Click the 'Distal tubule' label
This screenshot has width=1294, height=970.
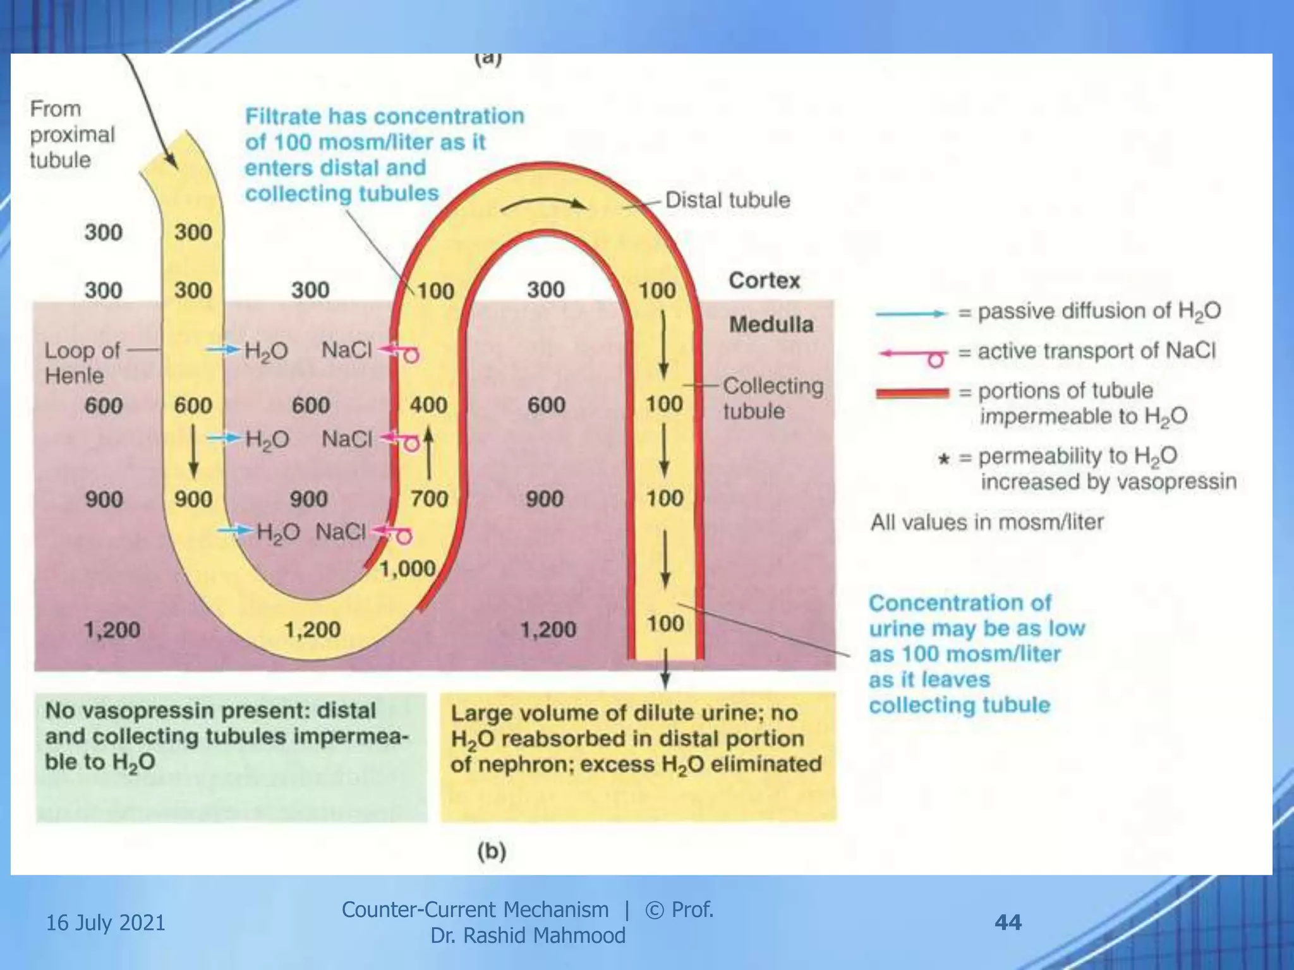(727, 200)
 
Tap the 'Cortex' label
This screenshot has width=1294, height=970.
(764, 280)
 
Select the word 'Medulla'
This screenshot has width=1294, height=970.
(771, 325)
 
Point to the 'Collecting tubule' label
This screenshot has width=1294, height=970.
(773, 398)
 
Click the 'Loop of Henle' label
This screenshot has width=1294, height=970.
(82, 363)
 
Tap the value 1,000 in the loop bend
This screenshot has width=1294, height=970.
(408, 569)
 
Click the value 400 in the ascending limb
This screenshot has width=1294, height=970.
(428, 405)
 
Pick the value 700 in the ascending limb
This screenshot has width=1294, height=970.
(429, 499)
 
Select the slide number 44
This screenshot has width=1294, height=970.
(1008, 923)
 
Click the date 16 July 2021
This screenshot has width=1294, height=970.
(106, 923)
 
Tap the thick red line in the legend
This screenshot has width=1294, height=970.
(912, 393)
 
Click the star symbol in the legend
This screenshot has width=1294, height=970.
(943, 458)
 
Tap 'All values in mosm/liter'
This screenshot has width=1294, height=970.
(987, 522)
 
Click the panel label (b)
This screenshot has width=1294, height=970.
(492, 852)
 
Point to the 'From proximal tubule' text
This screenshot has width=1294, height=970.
(72, 135)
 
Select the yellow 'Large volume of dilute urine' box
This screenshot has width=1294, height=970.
(638, 757)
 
